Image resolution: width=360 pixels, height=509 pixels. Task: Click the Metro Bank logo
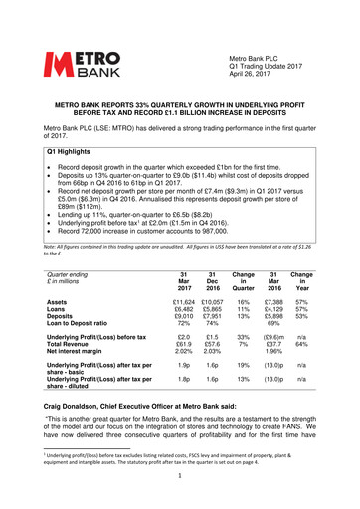coord(77,41)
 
